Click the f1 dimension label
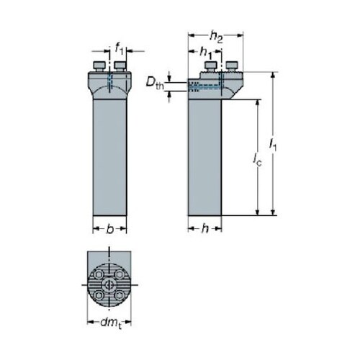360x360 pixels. coord(119,48)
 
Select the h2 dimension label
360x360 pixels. coord(216,37)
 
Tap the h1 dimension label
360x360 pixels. coord(206,53)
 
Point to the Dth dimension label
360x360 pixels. coord(155,84)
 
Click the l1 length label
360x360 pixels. coord(273,145)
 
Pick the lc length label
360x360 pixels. coord(258,160)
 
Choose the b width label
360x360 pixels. coord(109,229)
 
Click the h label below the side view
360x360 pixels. coord(205,229)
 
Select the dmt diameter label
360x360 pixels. coord(111,323)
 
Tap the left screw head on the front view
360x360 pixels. coord(99,66)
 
